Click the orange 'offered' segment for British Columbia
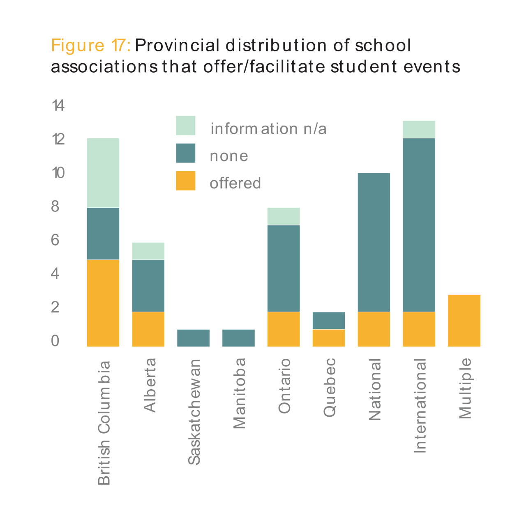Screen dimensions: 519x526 pos(103,303)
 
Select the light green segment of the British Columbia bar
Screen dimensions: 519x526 pos(103,173)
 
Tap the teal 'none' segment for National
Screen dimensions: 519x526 pos(374,242)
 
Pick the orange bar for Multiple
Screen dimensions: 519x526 pos(464,320)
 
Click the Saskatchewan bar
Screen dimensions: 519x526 pos(193,338)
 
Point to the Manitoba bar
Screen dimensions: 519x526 pos(238,338)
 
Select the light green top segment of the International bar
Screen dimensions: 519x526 pos(419,129)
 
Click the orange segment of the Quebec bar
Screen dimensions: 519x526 pos(329,338)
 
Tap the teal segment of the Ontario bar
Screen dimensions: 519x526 pos(284,269)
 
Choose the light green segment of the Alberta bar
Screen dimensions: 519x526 pos(148,251)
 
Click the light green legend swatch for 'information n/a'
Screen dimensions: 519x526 pos(186,126)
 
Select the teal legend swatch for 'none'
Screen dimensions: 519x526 pos(186,153)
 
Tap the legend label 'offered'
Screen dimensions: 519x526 pos(235,183)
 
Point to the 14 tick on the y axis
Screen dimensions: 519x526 pos(58,106)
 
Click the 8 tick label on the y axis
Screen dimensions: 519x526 pos(55,207)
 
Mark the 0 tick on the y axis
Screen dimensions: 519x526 pos(55,341)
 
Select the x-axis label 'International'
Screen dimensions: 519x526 pos(420,406)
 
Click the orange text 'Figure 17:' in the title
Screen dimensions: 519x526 pos(91,45)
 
